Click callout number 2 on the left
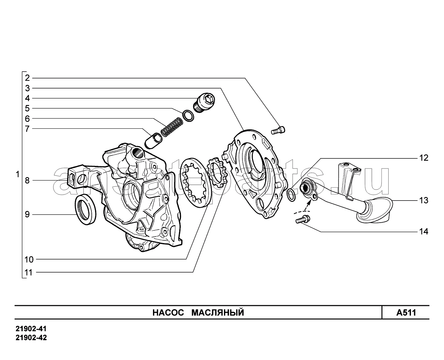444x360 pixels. click(x=28, y=78)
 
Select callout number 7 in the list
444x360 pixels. click(x=28, y=129)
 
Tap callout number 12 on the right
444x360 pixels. click(x=424, y=158)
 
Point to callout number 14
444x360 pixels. click(x=424, y=232)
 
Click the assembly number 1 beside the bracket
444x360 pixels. click(x=18, y=174)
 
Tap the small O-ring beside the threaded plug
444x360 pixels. click(x=188, y=116)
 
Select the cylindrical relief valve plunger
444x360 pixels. click(x=153, y=141)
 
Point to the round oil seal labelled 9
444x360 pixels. click(x=86, y=210)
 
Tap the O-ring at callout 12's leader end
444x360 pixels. click(x=291, y=195)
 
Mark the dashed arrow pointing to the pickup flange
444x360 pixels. click(x=308, y=205)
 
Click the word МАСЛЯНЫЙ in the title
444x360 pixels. click(x=217, y=313)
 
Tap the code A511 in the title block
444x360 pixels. click(x=406, y=313)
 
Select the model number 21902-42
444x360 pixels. click(x=31, y=338)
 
